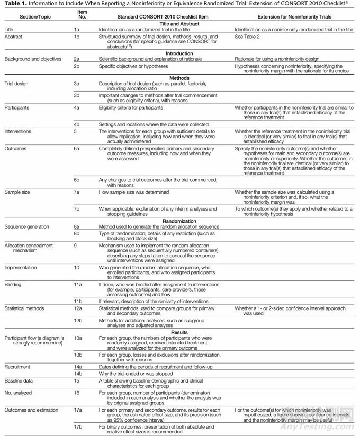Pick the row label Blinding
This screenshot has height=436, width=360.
(x=13, y=285)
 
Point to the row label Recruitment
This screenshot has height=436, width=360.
(x=18, y=366)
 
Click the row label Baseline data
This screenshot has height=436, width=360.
(x=20, y=381)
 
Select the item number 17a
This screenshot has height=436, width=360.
(x=77, y=411)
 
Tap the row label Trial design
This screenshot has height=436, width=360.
(x=16, y=84)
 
